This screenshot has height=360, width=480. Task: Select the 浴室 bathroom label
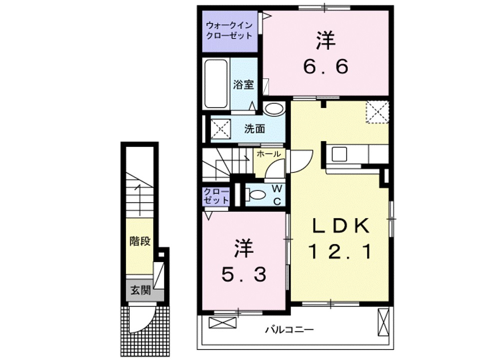(x=243, y=84)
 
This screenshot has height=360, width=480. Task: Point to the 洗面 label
(x=254, y=128)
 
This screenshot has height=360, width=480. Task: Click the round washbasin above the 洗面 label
(x=273, y=108)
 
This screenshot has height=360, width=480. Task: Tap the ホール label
(x=268, y=154)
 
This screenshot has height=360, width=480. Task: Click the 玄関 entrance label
(x=140, y=290)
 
